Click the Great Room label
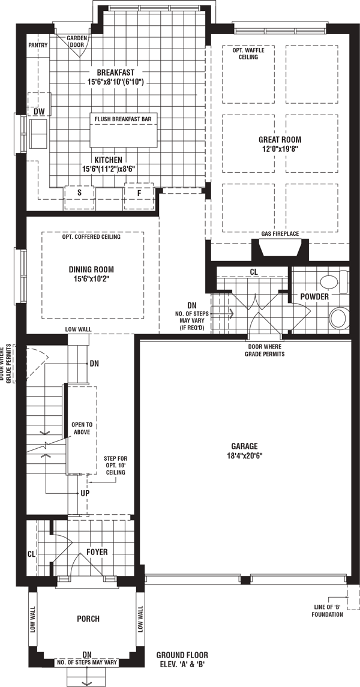280,140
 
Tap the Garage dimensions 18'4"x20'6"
244,455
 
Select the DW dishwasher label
39,111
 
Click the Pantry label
38,45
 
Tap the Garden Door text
77,41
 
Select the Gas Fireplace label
280,234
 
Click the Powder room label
314,296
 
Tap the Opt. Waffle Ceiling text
248,53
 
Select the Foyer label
97,552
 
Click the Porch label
88,619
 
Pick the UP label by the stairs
85,493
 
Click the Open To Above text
82,428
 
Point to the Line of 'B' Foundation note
327,611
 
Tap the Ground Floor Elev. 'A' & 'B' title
182,659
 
